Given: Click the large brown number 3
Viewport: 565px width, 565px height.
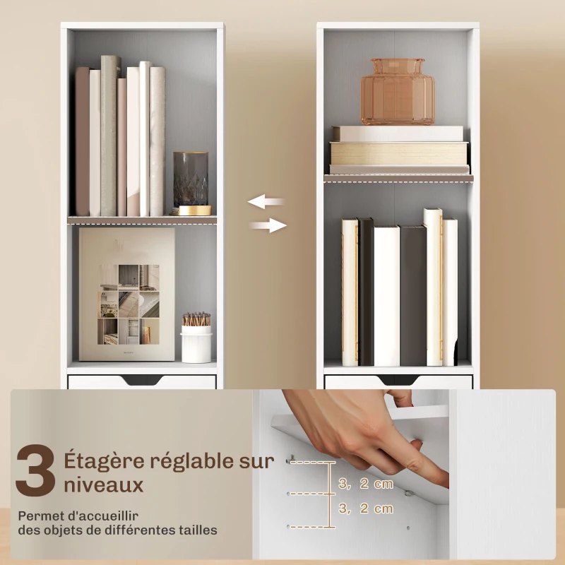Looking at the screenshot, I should (35, 470).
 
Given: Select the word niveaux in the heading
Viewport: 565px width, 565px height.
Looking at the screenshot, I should (104, 485).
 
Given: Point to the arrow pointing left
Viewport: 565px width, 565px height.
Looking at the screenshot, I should (266, 202).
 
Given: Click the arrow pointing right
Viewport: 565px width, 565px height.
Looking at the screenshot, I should (268, 226).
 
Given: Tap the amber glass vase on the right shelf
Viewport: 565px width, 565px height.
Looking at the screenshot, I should (398, 92).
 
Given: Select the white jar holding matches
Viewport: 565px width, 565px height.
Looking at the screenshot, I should (196, 343).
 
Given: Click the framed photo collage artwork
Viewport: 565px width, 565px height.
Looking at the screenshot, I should (127, 294).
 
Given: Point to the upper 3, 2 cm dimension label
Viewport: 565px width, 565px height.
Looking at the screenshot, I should (366, 484).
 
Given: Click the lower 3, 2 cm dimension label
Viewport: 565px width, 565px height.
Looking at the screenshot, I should (366, 509).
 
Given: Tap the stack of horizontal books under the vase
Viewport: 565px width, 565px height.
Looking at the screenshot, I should (399, 150).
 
